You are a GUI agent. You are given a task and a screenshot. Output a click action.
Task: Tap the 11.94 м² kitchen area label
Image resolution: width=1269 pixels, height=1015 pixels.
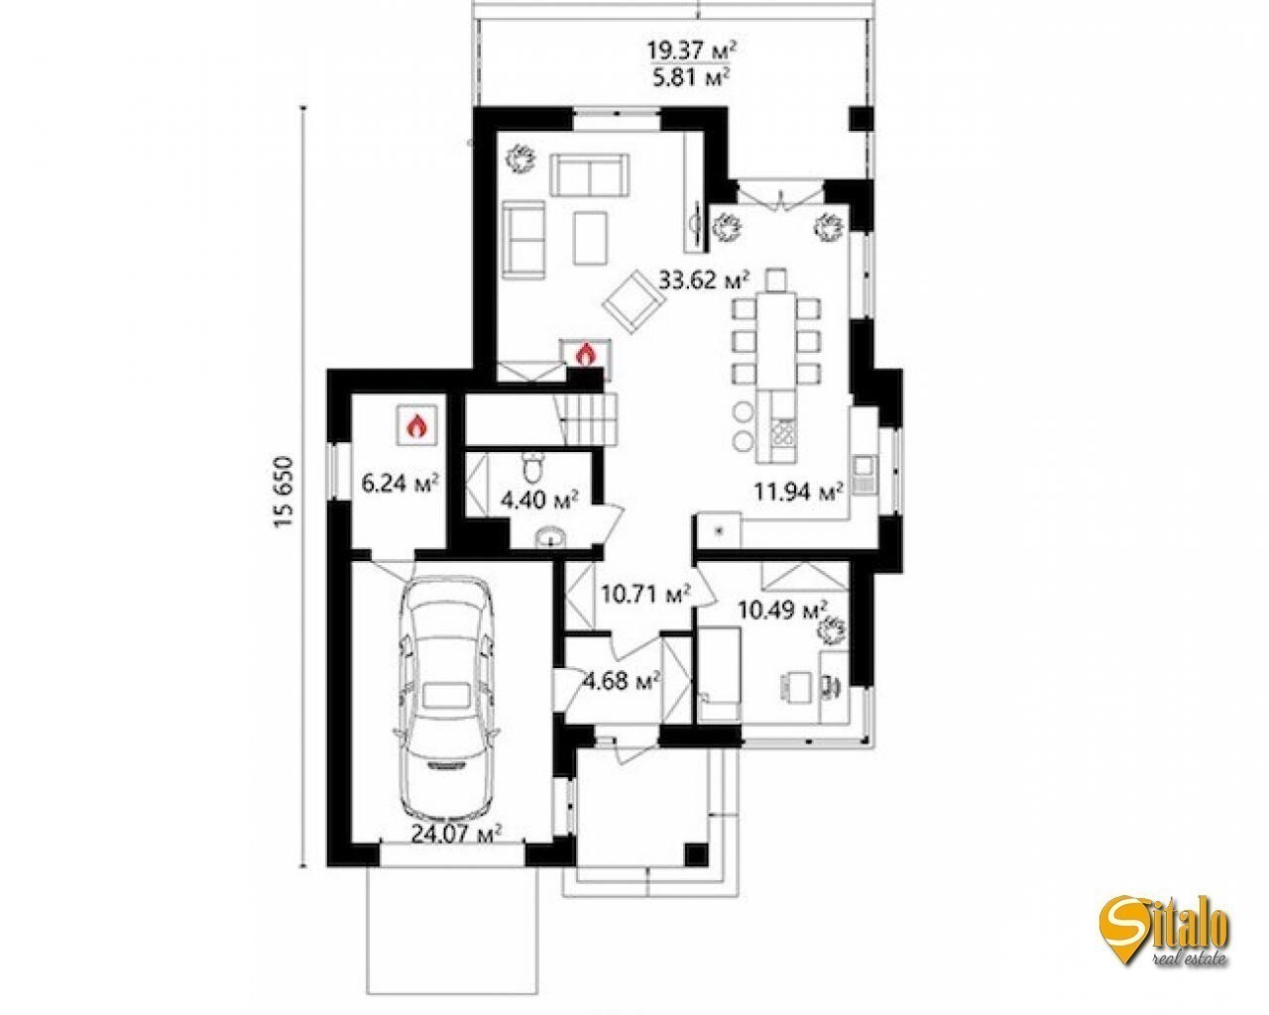pos(799,490)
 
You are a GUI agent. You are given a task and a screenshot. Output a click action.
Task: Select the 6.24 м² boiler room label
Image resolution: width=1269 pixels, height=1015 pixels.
pos(400,484)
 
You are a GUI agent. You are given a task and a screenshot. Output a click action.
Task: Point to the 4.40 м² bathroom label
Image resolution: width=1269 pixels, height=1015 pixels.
pos(538,501)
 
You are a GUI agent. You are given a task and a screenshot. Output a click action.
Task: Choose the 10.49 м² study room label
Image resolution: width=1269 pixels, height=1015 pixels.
pos(783,611)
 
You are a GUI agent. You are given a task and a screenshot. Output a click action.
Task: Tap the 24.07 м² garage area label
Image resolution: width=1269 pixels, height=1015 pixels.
pos(456,834)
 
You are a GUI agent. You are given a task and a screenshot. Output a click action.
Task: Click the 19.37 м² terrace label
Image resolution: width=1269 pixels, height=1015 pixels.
pos(693,51)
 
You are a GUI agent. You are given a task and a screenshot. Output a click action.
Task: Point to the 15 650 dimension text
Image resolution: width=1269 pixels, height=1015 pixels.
pos(284,492)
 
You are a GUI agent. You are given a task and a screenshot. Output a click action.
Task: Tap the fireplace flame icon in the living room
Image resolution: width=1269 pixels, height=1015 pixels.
pos(586,355)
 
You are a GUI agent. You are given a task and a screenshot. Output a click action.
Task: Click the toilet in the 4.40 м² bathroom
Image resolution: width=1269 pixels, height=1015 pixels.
pos(535,467)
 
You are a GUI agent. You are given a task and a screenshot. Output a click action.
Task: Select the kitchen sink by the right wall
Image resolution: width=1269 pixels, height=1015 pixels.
pos(865,475)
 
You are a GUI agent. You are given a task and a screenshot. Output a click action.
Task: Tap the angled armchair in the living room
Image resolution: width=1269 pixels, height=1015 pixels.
pos(634,302)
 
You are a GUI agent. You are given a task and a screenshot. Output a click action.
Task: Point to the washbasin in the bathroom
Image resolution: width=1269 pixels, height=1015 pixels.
pos(552,537)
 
